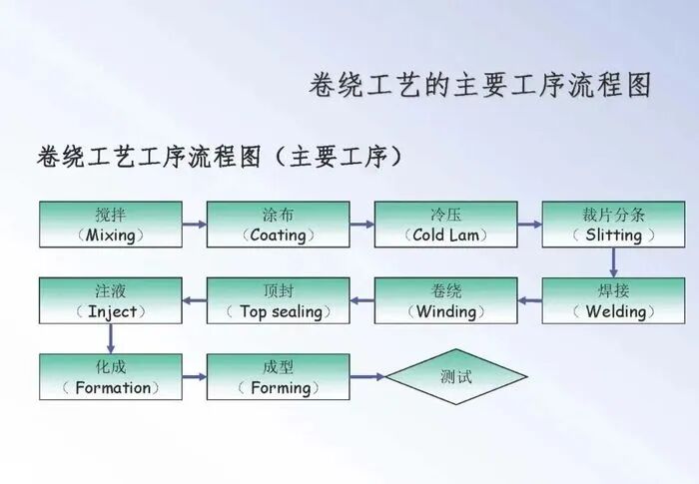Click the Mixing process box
[111, 225]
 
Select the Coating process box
[278, 225]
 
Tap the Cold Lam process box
[445, 225]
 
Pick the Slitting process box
[613, 225]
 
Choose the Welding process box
[613, 300]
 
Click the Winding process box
[445, 300]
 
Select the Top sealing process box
[278, 300]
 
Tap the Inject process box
[111, 300]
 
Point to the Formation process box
[111, 376]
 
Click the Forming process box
[278, 376]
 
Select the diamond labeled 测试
[456, 376]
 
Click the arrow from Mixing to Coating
[195, 225]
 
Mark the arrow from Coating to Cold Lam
[362, 225]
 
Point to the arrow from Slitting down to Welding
[613, 262]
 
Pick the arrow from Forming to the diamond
[367, 377]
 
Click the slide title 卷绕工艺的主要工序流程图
[480, 85]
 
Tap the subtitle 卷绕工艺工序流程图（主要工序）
[221, 157]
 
